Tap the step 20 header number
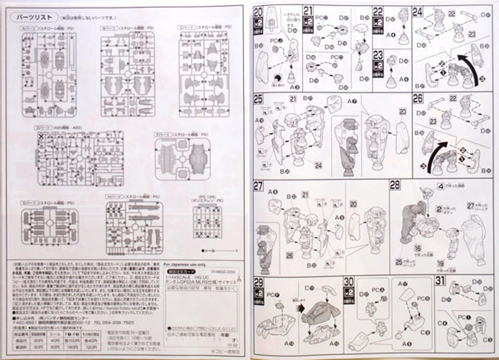[258, 12]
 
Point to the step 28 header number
[395, 185]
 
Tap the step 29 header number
[258, 281]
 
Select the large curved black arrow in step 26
[434, 156]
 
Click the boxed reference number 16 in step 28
[418, 248]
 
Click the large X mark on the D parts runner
[41, 136]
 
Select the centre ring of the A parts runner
[50, 74]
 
